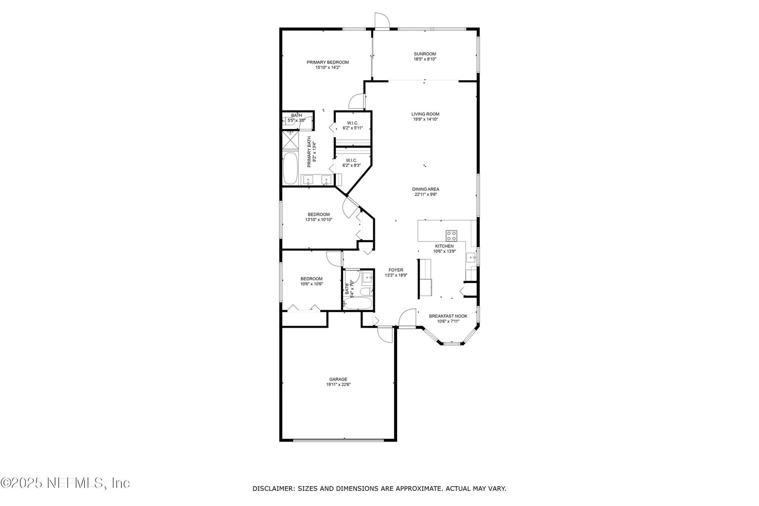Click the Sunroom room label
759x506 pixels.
tap(425, 54)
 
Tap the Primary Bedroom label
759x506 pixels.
tap(328, 62)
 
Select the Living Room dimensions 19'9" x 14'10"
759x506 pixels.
tap(425, 119)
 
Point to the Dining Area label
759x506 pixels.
tap(426, 189)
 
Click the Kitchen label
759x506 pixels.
tap(444, 246)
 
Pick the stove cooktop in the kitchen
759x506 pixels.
tap(451, 235)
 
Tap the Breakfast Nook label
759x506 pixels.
tap(448, 316)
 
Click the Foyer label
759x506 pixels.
tap(396, 270)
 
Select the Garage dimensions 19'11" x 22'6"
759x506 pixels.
tap(338, 385)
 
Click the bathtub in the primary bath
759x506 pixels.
tap(290, 169)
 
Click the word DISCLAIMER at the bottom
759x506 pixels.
tap(273, 489)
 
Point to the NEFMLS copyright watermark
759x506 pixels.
tap(65, 483)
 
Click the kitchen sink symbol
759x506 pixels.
tap(472, 258)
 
